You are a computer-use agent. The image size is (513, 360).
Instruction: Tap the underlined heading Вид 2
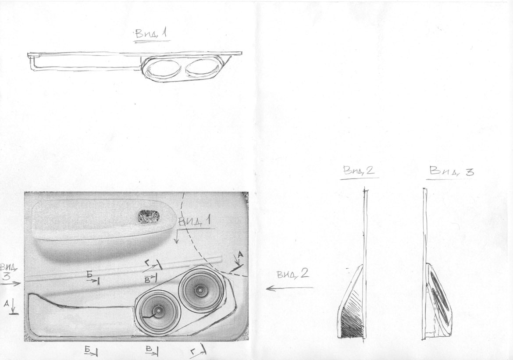359,171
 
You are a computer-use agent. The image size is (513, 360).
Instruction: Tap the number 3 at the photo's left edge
7,277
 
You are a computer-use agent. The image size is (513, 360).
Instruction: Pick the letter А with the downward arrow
7,304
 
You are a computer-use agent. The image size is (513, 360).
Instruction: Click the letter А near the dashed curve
241,254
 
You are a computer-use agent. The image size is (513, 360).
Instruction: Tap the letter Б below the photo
87,350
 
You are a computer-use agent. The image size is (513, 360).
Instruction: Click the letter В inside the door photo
147,279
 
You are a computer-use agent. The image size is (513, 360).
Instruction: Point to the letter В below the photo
149,349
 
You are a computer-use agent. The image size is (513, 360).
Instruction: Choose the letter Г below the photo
193,352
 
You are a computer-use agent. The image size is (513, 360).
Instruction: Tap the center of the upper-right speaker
199,290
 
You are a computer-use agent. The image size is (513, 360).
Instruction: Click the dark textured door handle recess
149,217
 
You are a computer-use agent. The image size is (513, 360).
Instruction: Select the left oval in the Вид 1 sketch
162,69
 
